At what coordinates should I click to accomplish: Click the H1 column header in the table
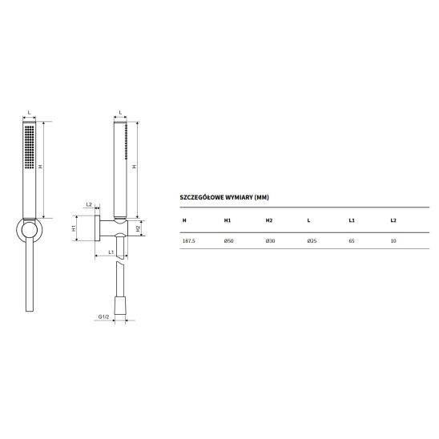227,220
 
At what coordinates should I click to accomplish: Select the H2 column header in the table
269,220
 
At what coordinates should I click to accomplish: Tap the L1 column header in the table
352,220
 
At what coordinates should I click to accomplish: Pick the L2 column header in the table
393,220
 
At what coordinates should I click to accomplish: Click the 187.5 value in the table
188,241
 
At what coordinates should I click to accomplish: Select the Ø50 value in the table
229,241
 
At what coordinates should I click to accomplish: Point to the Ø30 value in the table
270,241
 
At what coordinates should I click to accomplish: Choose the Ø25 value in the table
312,241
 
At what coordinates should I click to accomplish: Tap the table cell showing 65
352,241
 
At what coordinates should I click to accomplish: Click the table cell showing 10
393,241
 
